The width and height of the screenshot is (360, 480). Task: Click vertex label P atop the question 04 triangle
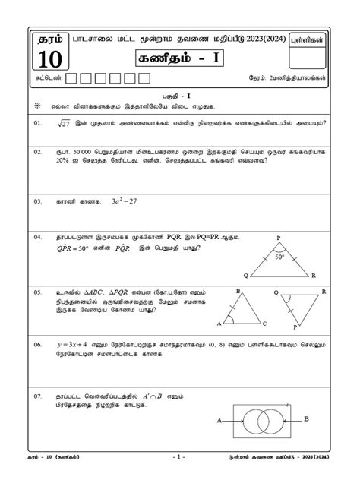(279, 236)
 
